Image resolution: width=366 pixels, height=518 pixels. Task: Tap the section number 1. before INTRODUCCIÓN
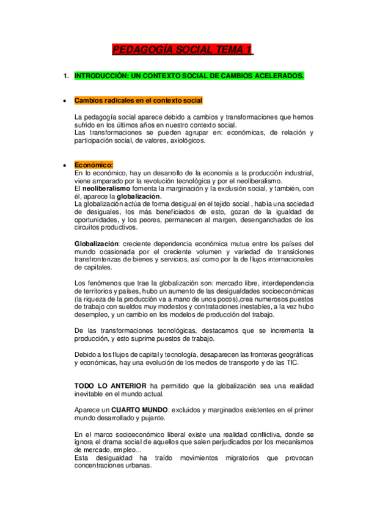click(66, 76)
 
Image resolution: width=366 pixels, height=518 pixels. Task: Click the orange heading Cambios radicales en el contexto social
click(138, 100)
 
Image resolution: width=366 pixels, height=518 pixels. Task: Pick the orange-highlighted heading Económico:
click(93, 165)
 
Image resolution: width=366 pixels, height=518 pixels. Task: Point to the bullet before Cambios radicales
click(64, 100)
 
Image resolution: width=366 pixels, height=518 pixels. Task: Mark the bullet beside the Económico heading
click(64, 165)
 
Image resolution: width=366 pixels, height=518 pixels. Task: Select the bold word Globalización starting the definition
click(97, 244)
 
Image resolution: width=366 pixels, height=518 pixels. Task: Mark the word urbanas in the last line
click(138, 465)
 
